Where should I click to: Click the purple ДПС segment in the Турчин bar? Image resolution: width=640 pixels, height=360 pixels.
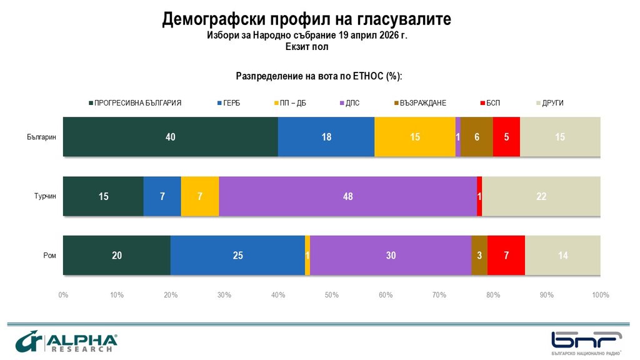tap(347, 196)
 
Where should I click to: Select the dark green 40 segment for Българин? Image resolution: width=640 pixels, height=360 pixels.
tap(170, 137)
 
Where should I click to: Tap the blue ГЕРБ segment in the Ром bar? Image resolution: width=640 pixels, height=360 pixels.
tap(237, 256)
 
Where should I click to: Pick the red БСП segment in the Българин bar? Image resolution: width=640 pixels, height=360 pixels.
tap(506, 137)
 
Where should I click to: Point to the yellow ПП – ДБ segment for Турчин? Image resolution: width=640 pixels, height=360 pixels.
tap(200, 196)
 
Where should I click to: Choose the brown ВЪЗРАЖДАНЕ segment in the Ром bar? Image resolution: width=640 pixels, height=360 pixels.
tap(479, 256)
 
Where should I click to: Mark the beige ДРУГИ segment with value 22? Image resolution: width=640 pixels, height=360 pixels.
tap(541, 196)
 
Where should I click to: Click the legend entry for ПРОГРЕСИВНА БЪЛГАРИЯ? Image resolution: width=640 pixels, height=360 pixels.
tap(135, 103)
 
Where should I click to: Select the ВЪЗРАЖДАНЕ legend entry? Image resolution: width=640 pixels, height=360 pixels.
tap(420, 103)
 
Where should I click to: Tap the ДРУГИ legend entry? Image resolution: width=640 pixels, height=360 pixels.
tap(550, 103)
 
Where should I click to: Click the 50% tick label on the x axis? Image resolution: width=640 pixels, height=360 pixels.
tap(332, 295)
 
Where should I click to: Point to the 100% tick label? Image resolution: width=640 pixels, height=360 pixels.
tap(601, 295)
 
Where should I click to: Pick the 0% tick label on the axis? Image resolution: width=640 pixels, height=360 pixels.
tap(63, 295)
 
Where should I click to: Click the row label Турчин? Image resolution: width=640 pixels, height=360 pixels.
tap(45, 196)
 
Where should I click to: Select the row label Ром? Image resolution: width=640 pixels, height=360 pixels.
tap(50, 256)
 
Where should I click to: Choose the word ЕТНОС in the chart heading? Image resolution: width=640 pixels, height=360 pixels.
tap(368, 76)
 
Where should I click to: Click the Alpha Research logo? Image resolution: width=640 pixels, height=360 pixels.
tap(66, 341)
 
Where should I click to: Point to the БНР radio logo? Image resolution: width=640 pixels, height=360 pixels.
tap(586, 343)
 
